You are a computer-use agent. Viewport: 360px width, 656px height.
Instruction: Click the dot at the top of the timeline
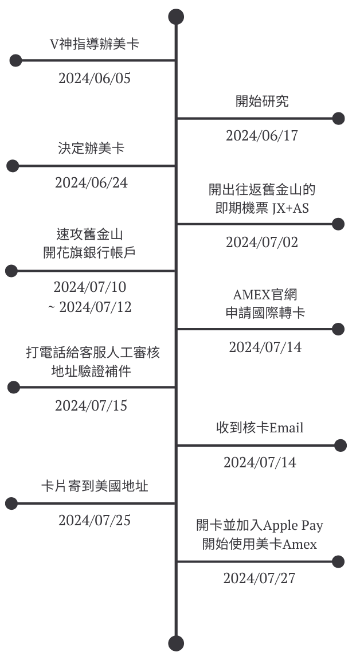point(176,17)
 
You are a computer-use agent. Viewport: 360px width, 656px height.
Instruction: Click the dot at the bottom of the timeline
point(176,643)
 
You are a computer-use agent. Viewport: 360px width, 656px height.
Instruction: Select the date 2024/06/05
point(95,78)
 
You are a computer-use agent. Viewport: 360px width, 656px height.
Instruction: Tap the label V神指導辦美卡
point(95,44)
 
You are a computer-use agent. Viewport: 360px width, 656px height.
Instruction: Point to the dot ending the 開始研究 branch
point(338,118)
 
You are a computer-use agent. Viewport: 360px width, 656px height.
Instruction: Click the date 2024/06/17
point(262,135)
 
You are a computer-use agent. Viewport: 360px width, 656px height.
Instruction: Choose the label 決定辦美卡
point(91,149)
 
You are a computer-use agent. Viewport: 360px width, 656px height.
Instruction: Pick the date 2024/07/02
point(262,242)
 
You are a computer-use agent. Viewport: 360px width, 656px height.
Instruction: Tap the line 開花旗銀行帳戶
point(89,253)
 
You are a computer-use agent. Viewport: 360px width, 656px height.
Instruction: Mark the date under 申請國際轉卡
point(265,347)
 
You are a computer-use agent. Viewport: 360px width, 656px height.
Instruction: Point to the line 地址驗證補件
point(91,371)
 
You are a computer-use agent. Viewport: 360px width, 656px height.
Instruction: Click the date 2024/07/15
point(91,405)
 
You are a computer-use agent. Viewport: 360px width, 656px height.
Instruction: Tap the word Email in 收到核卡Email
point(287,428)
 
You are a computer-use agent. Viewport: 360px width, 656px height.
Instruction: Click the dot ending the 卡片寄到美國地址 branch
point(11,503)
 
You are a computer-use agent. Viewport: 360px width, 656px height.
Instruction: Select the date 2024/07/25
point(95,521)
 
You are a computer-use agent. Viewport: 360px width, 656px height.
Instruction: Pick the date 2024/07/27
point(259,578)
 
